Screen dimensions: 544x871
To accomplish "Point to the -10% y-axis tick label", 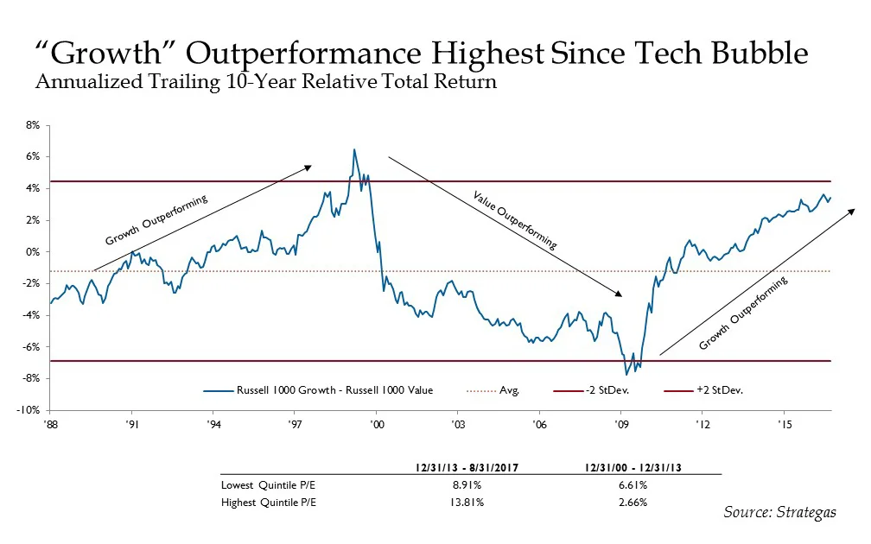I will click(x=32, y=410).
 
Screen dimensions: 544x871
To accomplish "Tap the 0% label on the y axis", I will click(x=35, y=252).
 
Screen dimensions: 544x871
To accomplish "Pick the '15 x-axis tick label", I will click(x=784, y=426).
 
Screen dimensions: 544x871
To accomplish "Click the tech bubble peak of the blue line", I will click(x=353, y=149).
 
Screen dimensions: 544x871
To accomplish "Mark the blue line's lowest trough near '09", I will click(x=626, y=375).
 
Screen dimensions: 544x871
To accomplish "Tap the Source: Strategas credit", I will click(x=779, y=512).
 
